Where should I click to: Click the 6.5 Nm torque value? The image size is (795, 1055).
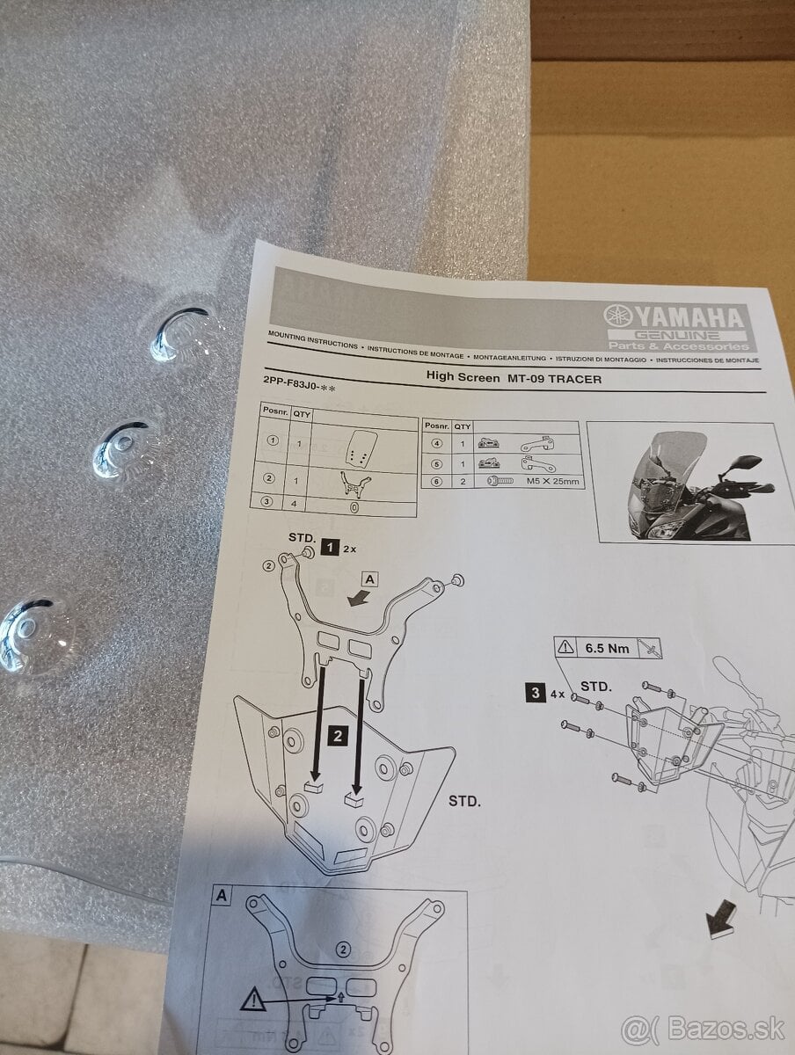pyautogui.click(x=606, y=649)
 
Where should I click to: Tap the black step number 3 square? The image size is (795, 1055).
pyautogui.click(x=534, y=692)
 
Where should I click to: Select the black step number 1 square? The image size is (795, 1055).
pyautogui.click(x=329, y=547)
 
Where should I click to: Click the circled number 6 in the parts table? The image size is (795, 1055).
pyautogui.click(x=436, y=481)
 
